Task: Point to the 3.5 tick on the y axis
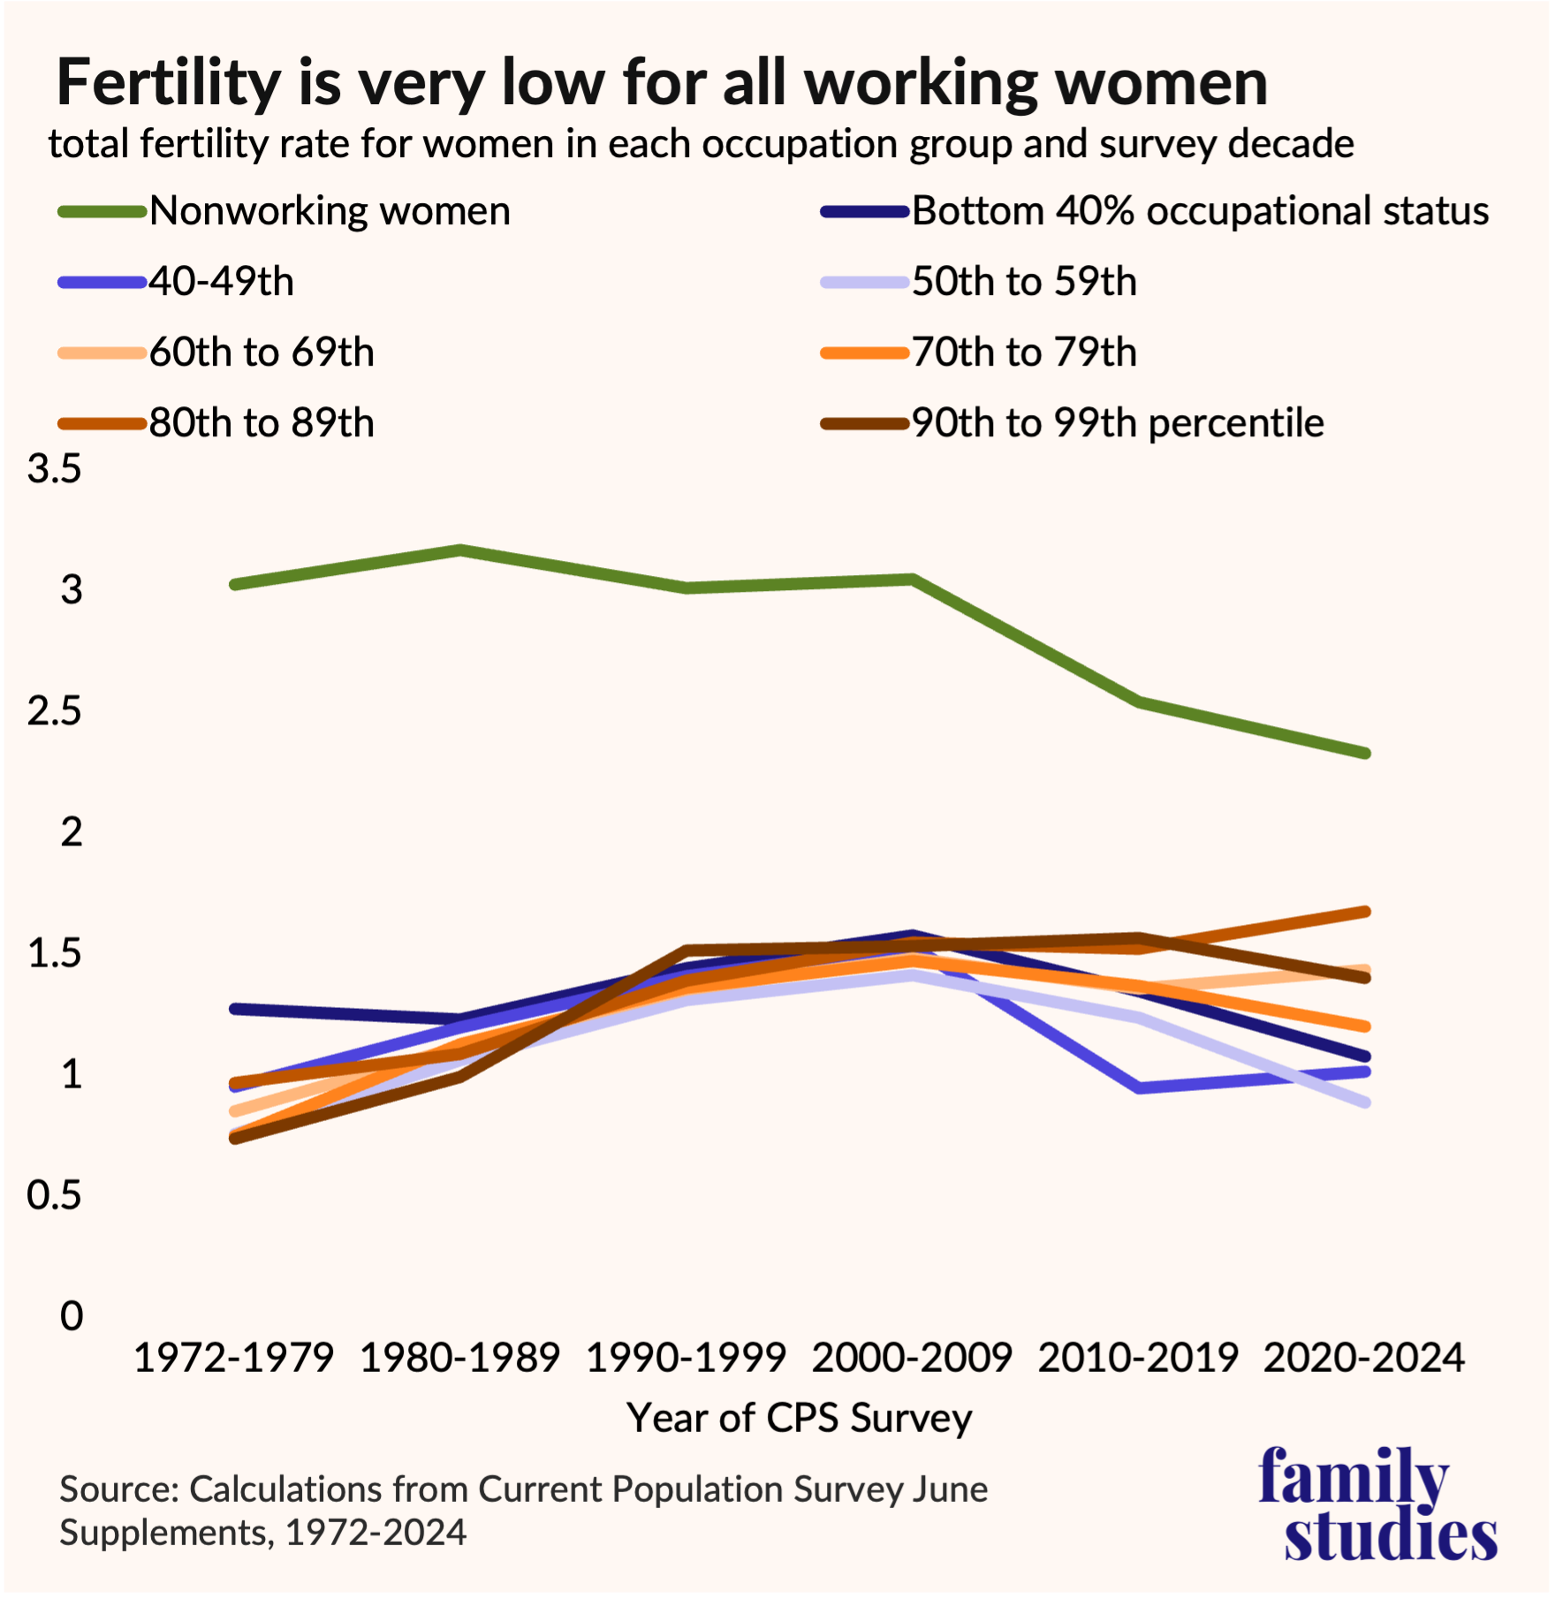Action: coord(55,468)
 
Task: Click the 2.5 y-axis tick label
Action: coord(55,711)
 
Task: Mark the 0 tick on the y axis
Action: coord(71,1315)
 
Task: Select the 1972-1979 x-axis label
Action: coord(234,1358)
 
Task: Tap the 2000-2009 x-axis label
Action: coord(912,1358)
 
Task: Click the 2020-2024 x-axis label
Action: coord(1364,1358)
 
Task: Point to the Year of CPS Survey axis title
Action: coord(799,1418)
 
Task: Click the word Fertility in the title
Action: coord(168,81)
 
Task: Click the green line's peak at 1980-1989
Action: coord(460,549)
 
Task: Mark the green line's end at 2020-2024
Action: coord(1366,754)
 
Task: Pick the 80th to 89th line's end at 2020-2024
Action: coord(1366,911)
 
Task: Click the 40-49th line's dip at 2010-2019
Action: coord(1140,1087)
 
